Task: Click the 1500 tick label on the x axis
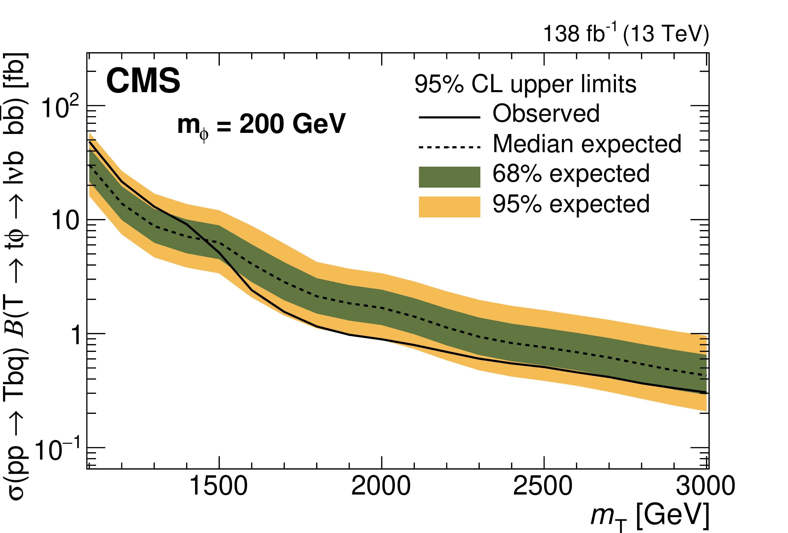219,486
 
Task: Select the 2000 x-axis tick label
381,486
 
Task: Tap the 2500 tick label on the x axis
543,486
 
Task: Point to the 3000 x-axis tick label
705,486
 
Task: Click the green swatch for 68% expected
449,177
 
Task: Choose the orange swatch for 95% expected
449,207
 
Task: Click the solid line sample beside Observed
449,117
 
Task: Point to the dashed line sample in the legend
449,147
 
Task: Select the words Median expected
587,144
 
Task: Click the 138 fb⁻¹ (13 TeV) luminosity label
626,34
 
